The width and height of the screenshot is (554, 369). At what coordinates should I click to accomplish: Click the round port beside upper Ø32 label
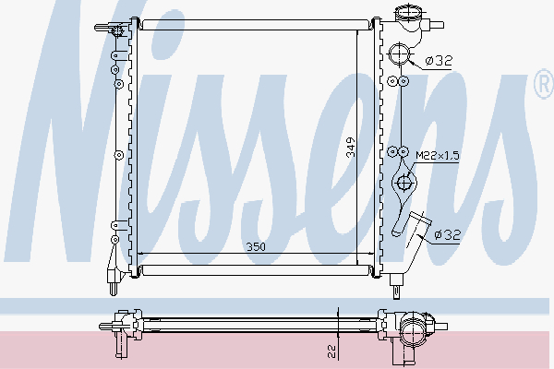pyautogui.click(x=399, y=54)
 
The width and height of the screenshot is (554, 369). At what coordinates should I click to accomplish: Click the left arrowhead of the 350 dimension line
pyautogui.click(x=139, y=256)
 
